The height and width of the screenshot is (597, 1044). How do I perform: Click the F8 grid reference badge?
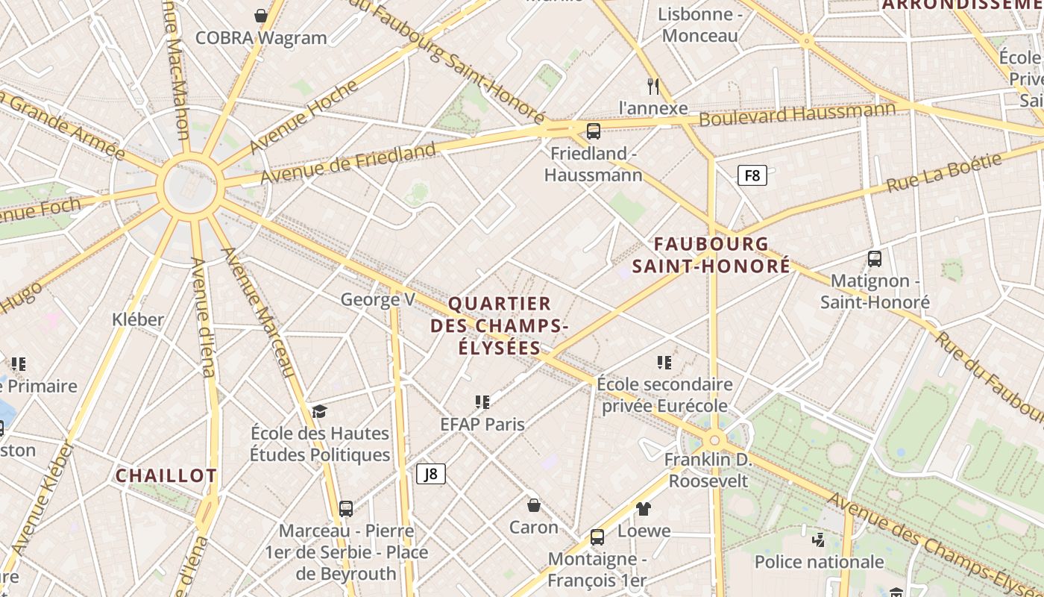coord(752,175)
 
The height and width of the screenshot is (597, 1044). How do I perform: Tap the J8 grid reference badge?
coord(430,473)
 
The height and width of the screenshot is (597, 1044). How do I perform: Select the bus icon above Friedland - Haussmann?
coord(594,131)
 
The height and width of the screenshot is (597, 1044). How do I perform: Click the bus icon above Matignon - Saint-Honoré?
coord(875,259)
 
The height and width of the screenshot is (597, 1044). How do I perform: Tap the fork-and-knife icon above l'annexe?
coord(653,86)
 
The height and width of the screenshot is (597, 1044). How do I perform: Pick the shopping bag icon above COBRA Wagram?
coord(261,15)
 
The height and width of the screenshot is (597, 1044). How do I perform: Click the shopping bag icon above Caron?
coord(534,505)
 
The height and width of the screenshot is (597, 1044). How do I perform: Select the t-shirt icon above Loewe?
coord(644,509)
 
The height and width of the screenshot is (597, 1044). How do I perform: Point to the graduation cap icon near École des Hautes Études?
coord(319,411)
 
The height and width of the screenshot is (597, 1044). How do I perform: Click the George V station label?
coord(377,299)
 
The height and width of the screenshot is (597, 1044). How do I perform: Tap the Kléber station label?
coord(137,319)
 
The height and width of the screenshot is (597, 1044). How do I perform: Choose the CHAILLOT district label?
coord(166,475)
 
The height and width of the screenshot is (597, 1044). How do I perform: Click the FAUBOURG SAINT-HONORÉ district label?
coord(711,254)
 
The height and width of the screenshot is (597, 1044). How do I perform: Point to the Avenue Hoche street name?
coord(304,116)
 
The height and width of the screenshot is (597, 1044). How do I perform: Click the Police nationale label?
coord(819,562)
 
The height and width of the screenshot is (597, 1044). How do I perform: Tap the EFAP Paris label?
coord(482,424)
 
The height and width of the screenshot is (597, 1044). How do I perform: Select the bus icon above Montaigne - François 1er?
coord(597,537)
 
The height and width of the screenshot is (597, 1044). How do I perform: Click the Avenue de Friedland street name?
coord(348,163)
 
